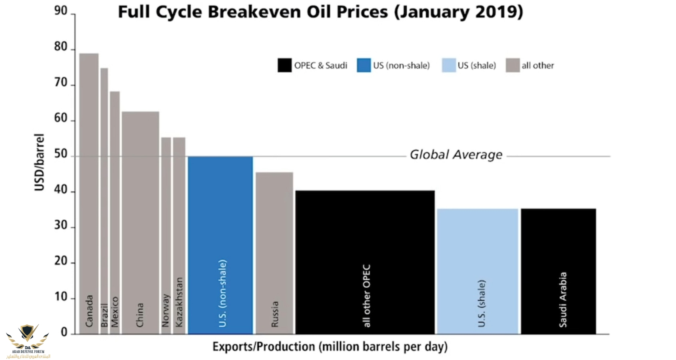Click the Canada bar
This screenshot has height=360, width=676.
pyautogui.click(x=89, y=192)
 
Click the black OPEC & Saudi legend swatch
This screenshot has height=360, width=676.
pyautogui.click(x=284, y=66)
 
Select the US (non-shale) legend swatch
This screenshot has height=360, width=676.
pyautogui.click(x=364, y=66)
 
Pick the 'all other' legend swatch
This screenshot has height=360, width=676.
pyautogui.click(x=513, y=66)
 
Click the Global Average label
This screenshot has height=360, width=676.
pyautogui.click(x=456, y=155)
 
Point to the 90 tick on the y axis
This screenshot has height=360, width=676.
pyautogui.click(x=61, y=11)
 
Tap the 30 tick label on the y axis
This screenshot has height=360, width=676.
pyautogui.click(x=61, y=225)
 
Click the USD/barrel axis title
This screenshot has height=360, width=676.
pyautogui.click(x=39, y=162)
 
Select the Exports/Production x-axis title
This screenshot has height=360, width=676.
pyautogui.click(x=330, y=346)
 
